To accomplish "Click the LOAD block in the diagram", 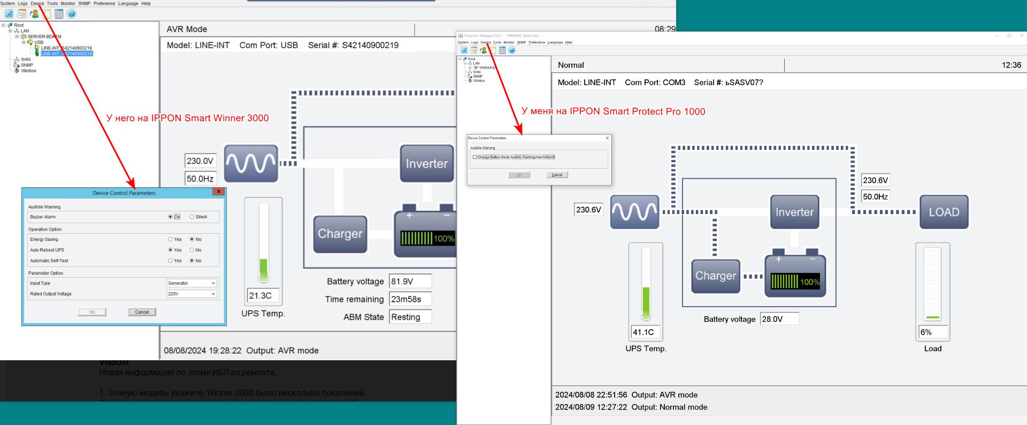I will click(x=944, y=212).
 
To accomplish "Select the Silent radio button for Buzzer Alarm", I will click(x=192, y=217).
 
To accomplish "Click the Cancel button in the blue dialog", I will click(x=142, y=312).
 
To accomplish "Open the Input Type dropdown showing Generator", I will click(x=191, y=283).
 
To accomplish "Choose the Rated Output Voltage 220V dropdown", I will click(x=191, y=294).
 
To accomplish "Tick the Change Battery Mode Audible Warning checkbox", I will click(x=474, y=157).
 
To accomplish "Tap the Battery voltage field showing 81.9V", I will click(x=410, y=282).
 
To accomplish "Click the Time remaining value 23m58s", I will click(x=410, y=299).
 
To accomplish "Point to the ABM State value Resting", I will click(x=410, y=317).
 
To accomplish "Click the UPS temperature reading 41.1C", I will click(x=646, y=332).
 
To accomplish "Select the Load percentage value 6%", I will click(x=932, y=332).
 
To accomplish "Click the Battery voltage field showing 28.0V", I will click(x=779, y=319).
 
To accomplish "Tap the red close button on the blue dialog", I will click(x=218, y=192).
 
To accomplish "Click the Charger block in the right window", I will click(x=715, y=276).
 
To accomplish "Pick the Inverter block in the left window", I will click(x=426, y=164).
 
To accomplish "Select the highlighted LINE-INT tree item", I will click(x=66, y=54).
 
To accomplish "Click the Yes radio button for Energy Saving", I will click(x=171, y=239).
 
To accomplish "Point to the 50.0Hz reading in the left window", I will click(x=200, y=179).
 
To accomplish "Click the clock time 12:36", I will click(x=1011, y=65).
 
